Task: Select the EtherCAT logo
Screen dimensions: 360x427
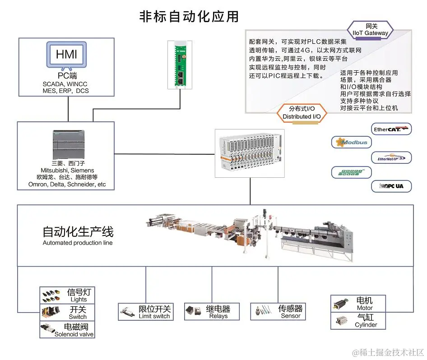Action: point(391,129)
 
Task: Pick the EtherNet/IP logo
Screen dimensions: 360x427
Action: point(391,157)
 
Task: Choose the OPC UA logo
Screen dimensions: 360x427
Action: point(391,186)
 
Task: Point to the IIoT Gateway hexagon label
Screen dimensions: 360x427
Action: point(371,30)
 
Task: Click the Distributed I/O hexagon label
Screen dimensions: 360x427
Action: point(302,113)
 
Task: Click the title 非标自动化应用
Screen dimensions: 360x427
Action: point(189,17)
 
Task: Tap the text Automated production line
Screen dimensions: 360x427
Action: point(78,243)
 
